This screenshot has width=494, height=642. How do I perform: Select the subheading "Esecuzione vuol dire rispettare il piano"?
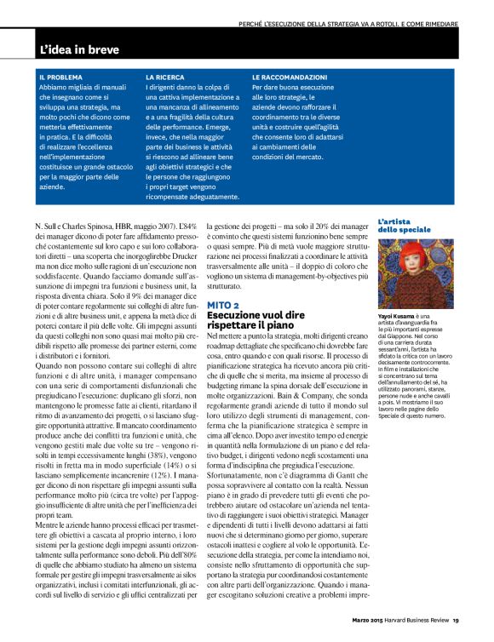click(256, 320)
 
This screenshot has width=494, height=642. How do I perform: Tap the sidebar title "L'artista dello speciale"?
click(405, 225)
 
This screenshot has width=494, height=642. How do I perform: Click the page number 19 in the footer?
click(457, 620)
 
